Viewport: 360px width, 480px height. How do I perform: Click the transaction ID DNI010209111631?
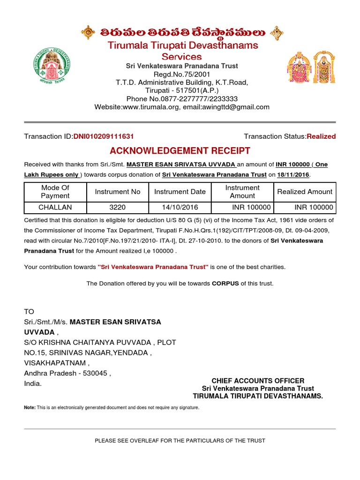coord(103,136)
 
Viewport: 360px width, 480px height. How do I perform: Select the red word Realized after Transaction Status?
coord(321,136)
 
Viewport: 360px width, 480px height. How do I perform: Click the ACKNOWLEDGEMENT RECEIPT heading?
coord(180,151)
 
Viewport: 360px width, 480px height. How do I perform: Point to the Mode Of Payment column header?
coord(55,192)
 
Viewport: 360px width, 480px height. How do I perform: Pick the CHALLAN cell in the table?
coord(55,207)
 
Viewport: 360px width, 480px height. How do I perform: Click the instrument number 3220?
coord(118,207)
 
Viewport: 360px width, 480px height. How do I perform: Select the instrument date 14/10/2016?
coord(180,207)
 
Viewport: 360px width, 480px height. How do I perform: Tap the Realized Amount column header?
coord(305,192)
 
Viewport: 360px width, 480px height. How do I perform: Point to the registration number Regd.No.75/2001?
coord(182,75)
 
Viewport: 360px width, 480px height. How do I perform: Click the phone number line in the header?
coord(182,98)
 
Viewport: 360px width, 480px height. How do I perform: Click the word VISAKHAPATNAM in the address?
coord(56,363)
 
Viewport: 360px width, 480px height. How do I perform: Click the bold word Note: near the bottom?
coord(30,408)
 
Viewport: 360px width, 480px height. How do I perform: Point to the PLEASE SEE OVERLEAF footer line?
coord(180,441)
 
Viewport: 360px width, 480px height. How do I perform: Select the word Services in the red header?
coord(182,56)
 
